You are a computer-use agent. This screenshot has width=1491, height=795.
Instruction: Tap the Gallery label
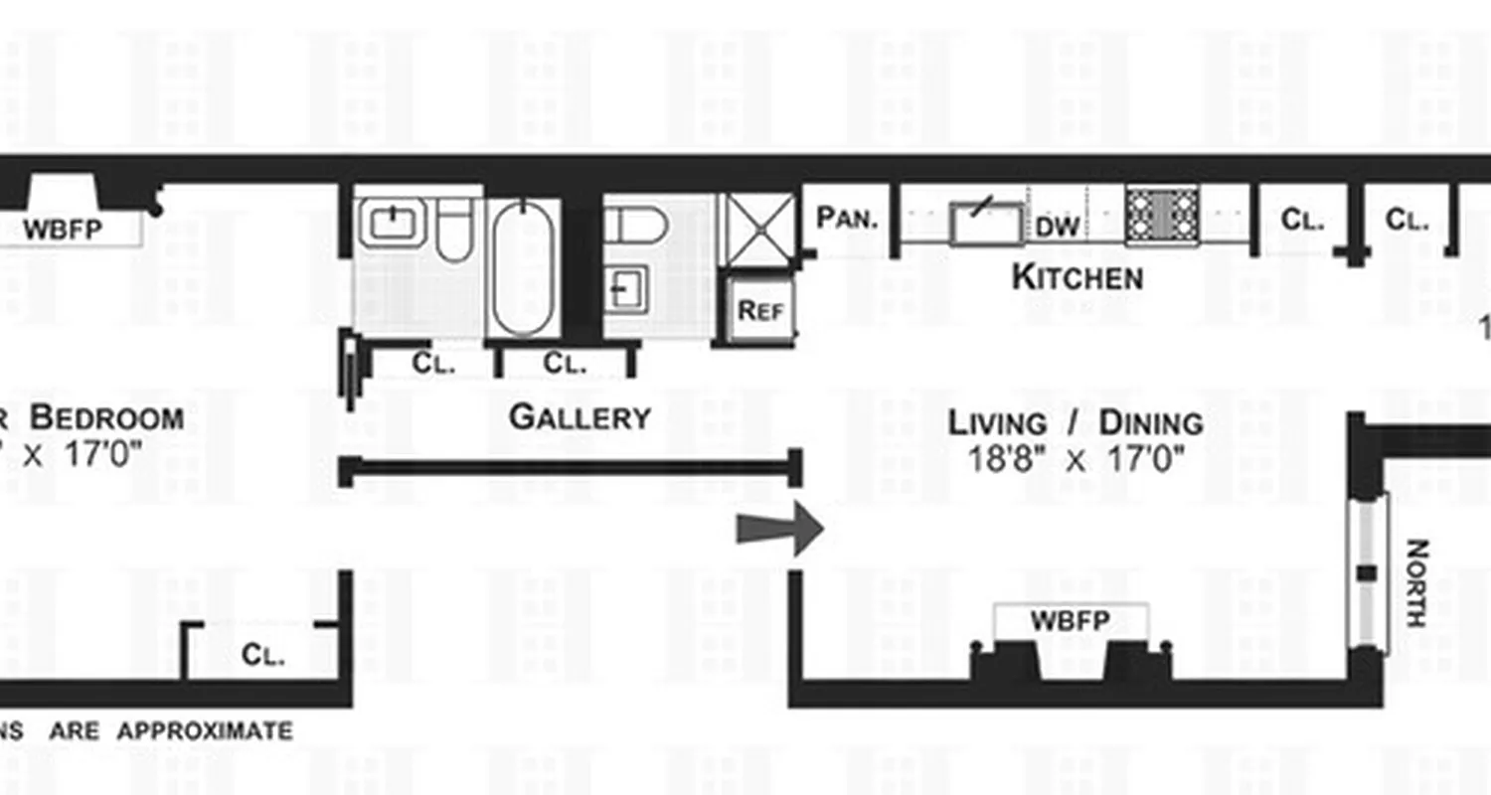point(580,417)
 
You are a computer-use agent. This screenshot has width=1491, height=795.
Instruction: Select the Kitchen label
point(1077,277)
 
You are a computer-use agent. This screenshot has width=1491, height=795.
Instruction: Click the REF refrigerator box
point(760,311)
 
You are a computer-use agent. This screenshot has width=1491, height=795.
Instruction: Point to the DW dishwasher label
point(1058,227)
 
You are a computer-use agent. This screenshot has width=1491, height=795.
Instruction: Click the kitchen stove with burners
point(1161,216)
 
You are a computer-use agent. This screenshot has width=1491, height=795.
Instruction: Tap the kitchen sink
point(986,223)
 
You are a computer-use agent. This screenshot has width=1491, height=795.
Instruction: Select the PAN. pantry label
point(848,218)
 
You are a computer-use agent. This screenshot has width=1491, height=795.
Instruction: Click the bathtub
point(523,268)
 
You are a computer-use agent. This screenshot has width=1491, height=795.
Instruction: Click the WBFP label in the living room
point(1070,622)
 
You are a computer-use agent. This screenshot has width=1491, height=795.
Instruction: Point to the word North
point(1417,583)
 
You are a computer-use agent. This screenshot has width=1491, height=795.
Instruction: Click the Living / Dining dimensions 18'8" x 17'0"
point(1077,460)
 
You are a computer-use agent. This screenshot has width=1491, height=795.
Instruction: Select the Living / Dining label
point(1076,423)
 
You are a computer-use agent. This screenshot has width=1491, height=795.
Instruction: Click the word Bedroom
point(106,417)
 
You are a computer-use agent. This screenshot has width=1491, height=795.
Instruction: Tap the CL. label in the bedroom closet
point(263,655)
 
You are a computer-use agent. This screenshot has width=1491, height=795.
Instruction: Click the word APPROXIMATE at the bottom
point(205,731)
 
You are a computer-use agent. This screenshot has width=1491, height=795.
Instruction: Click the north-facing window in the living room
point(1368,572)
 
